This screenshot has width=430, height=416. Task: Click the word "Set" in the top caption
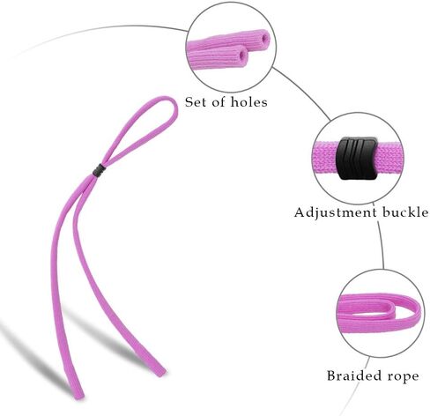(x=195, y=102)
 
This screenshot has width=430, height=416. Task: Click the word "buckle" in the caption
(x=405, y=212)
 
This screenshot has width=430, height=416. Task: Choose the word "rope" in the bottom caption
(x=404, y=377)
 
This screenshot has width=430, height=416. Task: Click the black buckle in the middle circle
(x=357, y=158)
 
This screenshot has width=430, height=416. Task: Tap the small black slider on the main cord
(x=99, y=171)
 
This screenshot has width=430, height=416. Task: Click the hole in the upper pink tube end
(x=265, y=38)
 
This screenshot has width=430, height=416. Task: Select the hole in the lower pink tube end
(x=243, y=55)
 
